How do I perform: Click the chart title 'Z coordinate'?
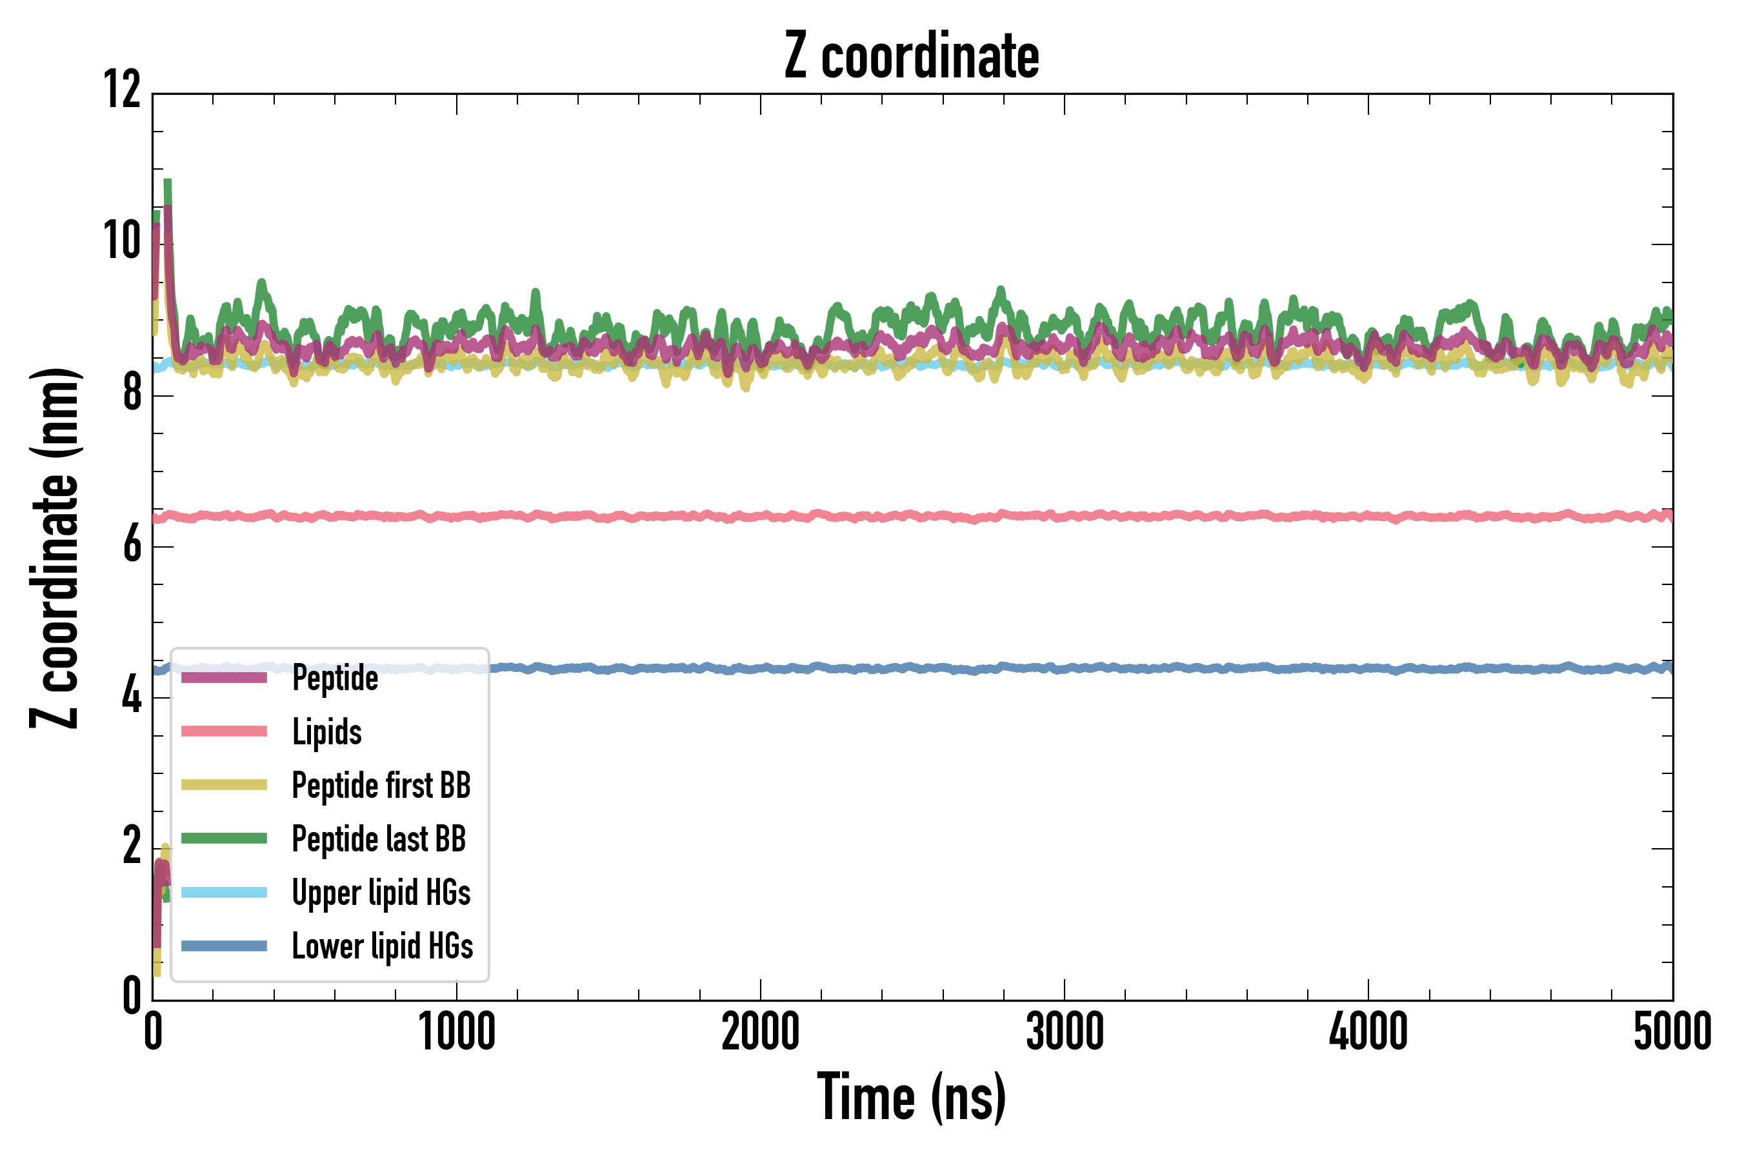click(912, 56)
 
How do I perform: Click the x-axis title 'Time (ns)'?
click(912, 1096)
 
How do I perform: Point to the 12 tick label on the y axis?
click(122, 90)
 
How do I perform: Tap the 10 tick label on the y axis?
click(122, 241)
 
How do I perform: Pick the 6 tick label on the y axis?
click(132, 545)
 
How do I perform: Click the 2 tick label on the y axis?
click(132, 846)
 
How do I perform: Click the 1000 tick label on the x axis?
click(457, 1031)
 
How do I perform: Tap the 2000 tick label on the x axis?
click(761, 1031)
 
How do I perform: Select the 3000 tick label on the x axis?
click(1065, 1031)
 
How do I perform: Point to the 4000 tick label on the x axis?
click(1368, 1031)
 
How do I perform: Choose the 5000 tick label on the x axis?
click(1672, 1031)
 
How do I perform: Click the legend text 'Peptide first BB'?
click(381, 786)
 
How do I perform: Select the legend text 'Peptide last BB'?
click(379, 839)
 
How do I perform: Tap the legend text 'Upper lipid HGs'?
click(381, 892)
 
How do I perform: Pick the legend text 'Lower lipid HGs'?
click(382, 946)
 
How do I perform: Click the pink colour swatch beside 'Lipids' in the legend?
click(224, 731)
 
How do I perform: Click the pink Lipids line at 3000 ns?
click(1065, 516)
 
